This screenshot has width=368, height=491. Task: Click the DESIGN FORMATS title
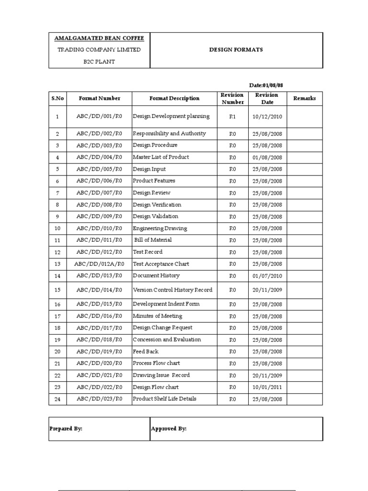tap(236, 50)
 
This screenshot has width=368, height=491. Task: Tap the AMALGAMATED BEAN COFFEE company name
tap(99, 38)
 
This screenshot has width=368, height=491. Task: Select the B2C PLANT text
tap(99, 62)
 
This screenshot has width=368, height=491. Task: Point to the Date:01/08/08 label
tap(270, 85)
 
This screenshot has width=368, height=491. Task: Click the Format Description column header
tap(174, 98)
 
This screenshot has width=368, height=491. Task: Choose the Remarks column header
tap(304, 98)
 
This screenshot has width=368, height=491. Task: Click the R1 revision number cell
tap(232, 117)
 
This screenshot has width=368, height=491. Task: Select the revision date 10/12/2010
tap(267, 117)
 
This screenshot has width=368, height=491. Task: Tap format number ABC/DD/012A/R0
tap(99, 264)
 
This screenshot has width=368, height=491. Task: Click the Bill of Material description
tap(153, 240)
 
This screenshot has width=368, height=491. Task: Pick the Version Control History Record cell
tap(172, 290)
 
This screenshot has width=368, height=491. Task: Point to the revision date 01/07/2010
tap(267, 276)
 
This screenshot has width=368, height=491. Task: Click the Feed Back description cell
tap(146, 351)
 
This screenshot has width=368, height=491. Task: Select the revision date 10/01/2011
tap(267, 387)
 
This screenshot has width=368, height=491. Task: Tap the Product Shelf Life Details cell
tap(164, 399)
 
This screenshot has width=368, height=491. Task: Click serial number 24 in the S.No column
tap(57, 399)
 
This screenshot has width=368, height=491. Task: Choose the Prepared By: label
tap(66, 429)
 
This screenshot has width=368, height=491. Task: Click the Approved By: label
tap(169, 429)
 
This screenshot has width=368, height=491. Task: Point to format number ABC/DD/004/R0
tap(99, 157)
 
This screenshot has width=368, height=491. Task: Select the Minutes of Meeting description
tap(157, 316)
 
